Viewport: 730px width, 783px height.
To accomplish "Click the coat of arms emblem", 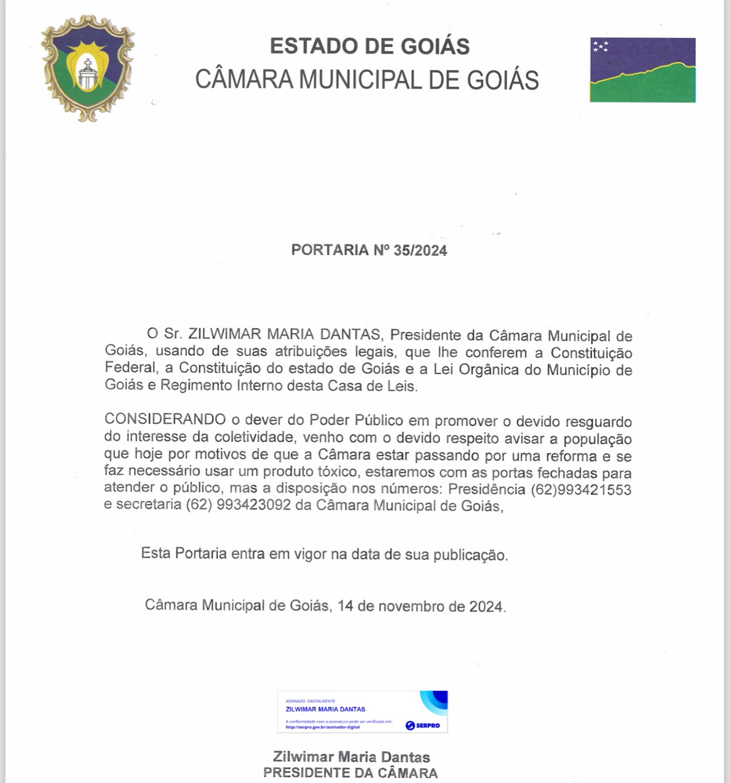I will coord(88,68).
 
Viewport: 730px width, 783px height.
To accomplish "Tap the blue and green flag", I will coord(642,70).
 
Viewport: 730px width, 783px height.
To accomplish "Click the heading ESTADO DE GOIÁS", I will coord(370,46).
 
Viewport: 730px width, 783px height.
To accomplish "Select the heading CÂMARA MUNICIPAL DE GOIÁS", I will coord(367,80).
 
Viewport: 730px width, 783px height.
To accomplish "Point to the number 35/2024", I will coord(420,251).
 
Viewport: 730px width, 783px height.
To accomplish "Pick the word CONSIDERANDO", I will coord(165,420).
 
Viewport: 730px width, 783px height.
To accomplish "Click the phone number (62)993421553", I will coord(581,490).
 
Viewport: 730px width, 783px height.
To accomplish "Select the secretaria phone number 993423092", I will coord(254,505).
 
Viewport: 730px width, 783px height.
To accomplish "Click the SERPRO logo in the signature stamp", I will coord(423,725).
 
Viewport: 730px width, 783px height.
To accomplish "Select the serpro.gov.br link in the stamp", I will coord(323,727).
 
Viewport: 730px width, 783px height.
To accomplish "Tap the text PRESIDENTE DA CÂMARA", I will coord(351,773).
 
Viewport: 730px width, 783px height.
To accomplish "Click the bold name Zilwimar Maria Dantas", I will coord(351,757).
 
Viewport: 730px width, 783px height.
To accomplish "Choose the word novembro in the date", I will coord(411,606).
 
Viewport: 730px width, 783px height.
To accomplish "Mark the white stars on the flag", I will coord(600,47).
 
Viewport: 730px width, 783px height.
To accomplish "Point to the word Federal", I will coord(130,367).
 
